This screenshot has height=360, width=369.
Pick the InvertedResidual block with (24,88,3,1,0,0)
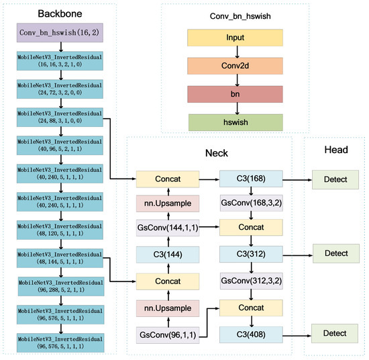click(61, 118)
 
